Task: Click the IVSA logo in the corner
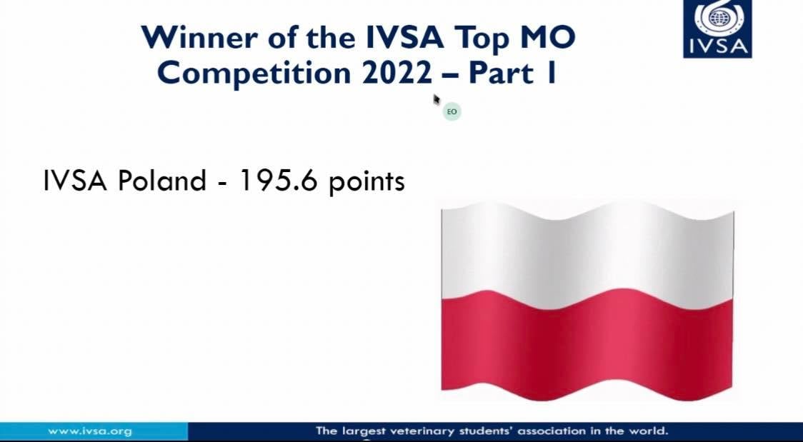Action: click(717, 29)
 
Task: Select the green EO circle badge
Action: click(452, 111)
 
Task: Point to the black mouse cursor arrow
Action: click(437, 99)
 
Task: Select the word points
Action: click(366, 183)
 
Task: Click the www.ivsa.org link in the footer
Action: click(89, 431)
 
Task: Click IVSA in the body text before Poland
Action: click(75, 181)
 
